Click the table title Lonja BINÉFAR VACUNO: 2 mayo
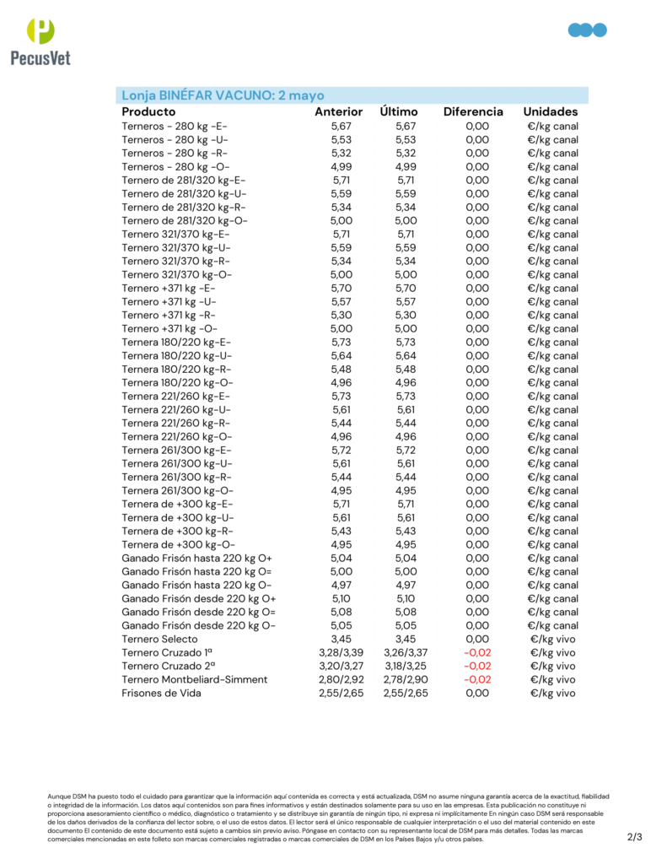[223, 95]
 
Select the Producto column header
[148, 111]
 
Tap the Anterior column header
[338, 111]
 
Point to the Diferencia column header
[473, 111]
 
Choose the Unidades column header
[550, 111]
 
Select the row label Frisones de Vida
[161, 693]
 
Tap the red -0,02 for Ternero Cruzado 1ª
[477, 652]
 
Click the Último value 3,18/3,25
[406, 666]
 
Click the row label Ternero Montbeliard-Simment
[194, 679]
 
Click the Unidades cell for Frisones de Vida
[552, 693]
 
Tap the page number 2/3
[635, 837]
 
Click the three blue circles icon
[588, 30]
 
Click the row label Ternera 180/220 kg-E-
[175, 342]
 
